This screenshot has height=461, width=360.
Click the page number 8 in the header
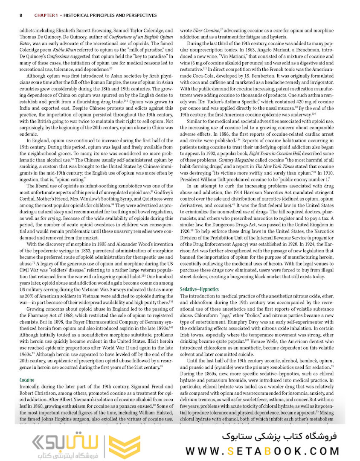click(21, 15)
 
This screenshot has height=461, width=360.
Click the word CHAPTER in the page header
click(45, 15)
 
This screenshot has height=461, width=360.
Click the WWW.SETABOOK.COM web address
click(262, 451)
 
